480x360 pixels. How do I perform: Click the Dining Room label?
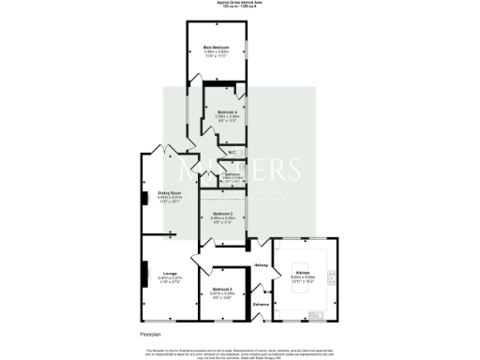169,194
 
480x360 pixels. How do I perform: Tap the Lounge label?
169,274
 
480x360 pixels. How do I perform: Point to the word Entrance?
262,304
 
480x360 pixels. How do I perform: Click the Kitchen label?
303,273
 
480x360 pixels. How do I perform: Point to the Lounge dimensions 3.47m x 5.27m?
169,278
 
